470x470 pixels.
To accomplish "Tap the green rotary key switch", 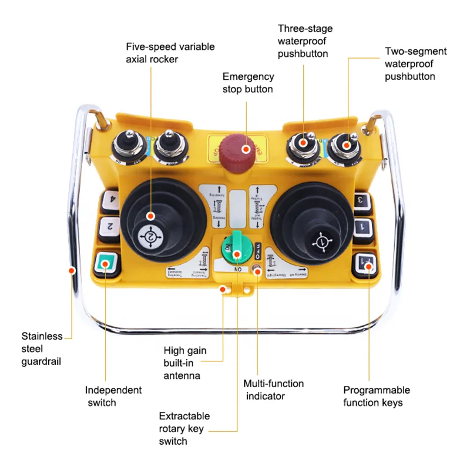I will tap(236, 253).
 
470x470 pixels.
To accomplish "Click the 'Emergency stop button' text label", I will tap(248, 83).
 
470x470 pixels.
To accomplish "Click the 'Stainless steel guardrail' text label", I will tap(42, 349).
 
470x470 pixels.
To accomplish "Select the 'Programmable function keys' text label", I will tap(376, 396).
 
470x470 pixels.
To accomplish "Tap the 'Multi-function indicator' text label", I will tap(273, 390).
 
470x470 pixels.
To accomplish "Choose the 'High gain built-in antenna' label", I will tap(185, 363).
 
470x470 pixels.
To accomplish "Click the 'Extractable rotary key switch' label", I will tap(184, 428).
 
